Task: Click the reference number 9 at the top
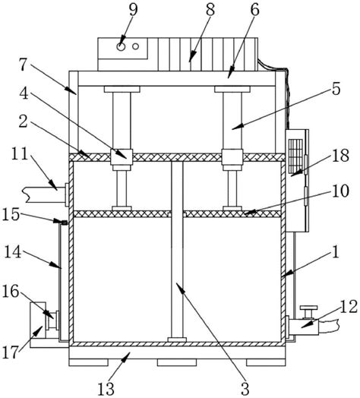[133, 10]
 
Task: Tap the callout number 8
[210, 10]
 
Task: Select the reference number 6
[254, 10]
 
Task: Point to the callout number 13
[106, 388]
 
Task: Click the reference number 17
[11, 352]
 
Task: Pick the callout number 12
[349, 307]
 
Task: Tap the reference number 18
[340, 156]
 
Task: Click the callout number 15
[11, 214]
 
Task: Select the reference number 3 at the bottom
[245, 388]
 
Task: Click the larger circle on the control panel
[121, 46]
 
